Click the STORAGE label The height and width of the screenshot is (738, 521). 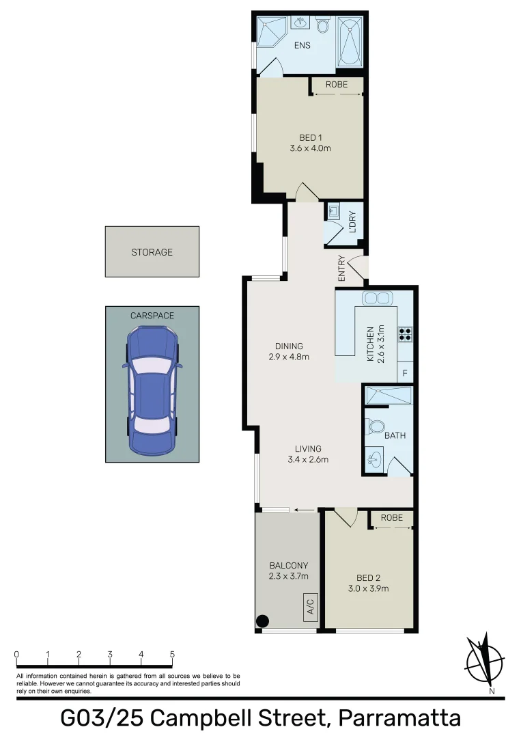point(152,252)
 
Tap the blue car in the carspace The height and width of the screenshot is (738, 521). point(152,391)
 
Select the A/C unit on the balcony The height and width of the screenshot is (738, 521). point(309,606)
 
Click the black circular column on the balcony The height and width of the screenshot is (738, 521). point(262,621)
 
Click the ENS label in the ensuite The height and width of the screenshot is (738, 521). point(302,46)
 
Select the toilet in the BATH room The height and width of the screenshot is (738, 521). point(375,428)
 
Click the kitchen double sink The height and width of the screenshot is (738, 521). point(376,298)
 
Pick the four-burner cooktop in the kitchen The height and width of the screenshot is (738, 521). point(405,333)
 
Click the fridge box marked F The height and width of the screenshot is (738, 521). point(405,372)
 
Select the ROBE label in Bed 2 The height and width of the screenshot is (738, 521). point(391,519)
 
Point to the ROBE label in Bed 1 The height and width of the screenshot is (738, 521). point(336,85)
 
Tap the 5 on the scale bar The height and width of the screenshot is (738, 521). point(172,655)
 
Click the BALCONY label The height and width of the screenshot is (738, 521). point(288,566)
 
